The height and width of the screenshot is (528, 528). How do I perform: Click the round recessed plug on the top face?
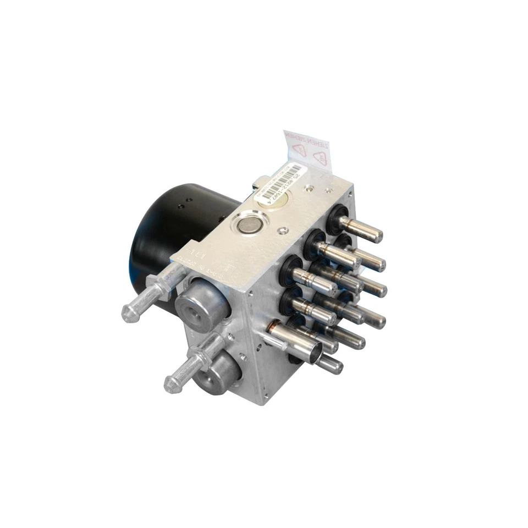tap(250, 224)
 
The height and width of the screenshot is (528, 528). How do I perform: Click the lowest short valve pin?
tap(330, 364)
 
